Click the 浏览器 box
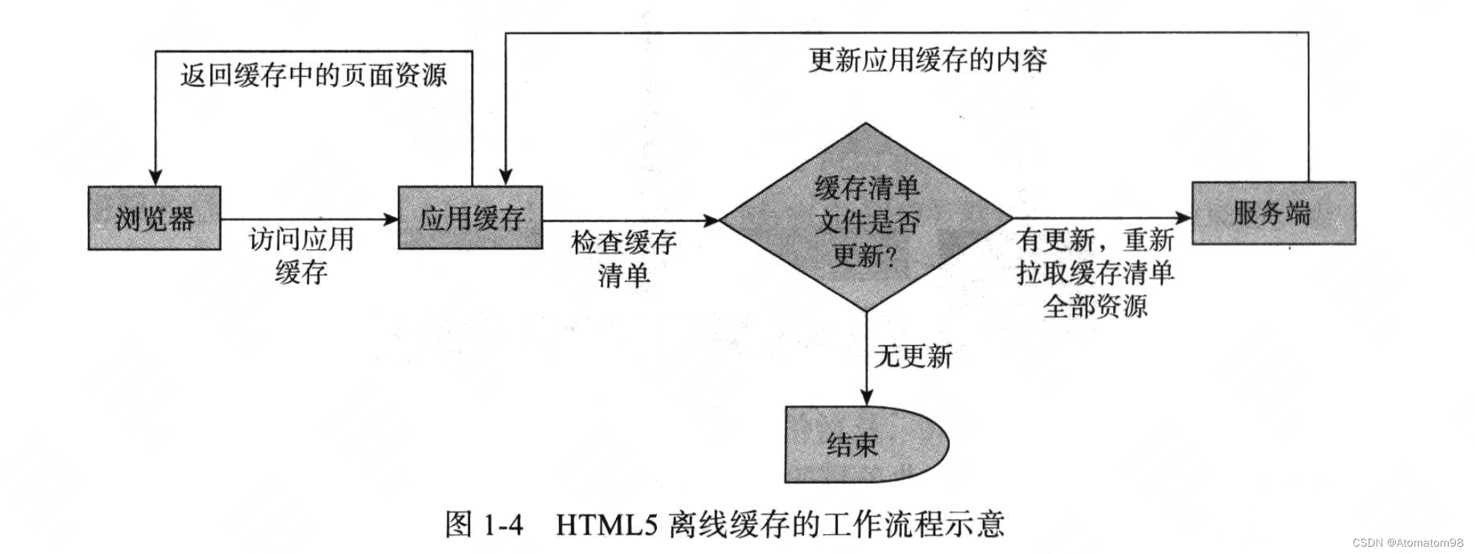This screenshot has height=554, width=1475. (155, 218)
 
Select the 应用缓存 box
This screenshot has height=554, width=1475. (470, 218)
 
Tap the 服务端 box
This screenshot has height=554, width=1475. (1273, 213)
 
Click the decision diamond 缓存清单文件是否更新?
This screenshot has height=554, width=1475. (866, 220)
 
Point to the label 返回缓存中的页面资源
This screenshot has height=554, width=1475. (313, 75)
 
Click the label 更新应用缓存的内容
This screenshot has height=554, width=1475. (927, 60)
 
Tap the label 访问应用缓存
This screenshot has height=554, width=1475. (301, 255)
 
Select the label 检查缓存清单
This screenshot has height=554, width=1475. (624, 259)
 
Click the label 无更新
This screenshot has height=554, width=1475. (913, 357)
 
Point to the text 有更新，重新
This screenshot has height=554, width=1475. (1094, 240)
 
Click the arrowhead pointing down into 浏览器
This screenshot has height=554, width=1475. (155, 178)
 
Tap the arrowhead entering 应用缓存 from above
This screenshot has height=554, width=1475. (505, 177)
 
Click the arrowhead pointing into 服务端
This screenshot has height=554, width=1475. (1184, 218)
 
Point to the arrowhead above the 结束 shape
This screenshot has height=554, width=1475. (866, 398)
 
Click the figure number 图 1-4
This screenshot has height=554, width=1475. (484, 525)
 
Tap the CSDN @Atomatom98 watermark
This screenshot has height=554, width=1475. (1408, 543)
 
